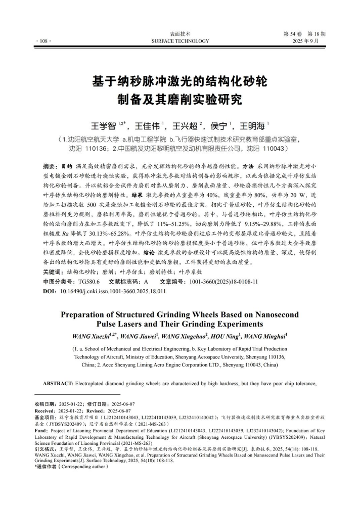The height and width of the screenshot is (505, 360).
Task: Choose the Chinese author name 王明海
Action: tap(252, 125)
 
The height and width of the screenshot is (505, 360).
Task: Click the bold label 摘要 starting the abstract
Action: tap(50, 166)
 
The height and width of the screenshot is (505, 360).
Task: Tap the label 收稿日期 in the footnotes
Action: tap(44, 404)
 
